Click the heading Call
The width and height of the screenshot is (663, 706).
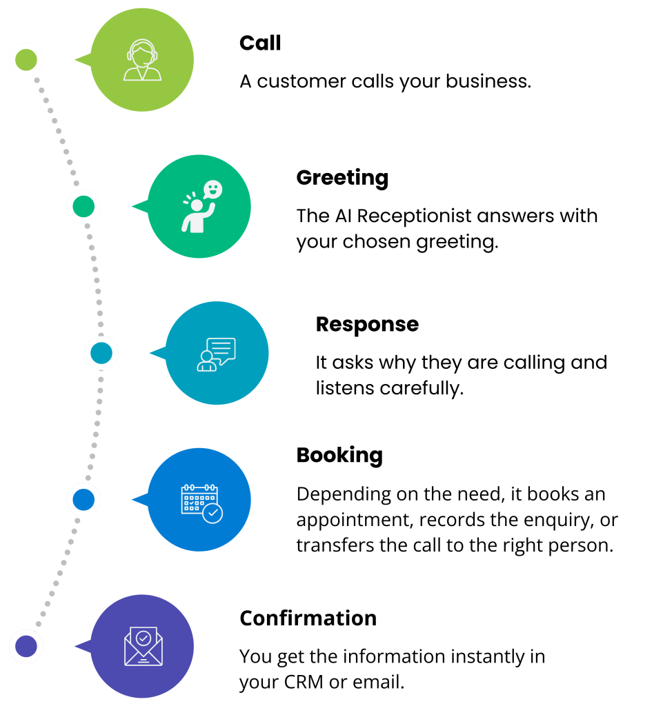(x=260, y=43)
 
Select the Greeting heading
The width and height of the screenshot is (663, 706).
(x=342, y=178)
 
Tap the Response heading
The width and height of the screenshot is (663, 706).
(x=367, y=325)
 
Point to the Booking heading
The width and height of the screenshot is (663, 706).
(x=339, y=455)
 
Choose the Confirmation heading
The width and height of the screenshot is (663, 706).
(x=308, y=618)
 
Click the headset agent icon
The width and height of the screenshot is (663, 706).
(x=142, y=60)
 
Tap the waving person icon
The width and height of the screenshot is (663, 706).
(x=201, y=207)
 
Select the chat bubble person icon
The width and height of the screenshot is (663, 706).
(x=216, y=354)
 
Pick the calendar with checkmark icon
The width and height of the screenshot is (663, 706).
(x=201, y=503)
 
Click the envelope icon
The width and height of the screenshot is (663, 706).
(x=144, y=646)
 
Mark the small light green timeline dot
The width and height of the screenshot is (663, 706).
(x=26, y=60)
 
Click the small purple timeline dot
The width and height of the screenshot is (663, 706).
(x=26, y=646)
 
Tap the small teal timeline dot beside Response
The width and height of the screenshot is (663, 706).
(x=101, y=353)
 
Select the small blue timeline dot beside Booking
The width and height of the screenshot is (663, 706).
(x=83, y=500)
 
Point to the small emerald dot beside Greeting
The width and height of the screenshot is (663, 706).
(x=83, y=207)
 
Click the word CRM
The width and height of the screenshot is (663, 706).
(x=304, y=682)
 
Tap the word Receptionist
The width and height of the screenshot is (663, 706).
(x=415, y=216)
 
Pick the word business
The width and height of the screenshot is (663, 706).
(x=488, y=81)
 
